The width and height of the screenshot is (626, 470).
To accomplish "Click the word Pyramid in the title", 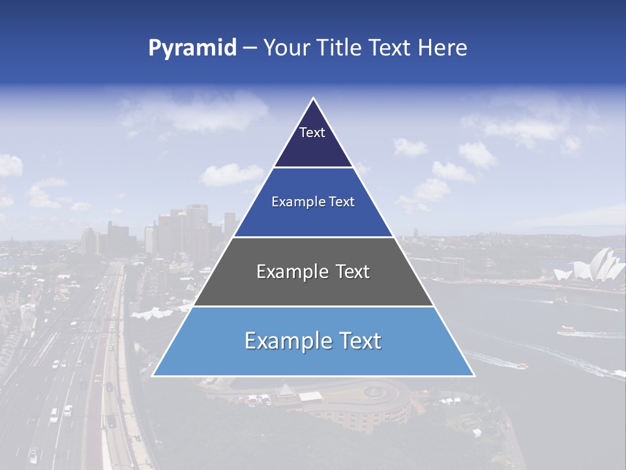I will [x=192, y=48].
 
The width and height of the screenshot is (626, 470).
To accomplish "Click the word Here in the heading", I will [x=443, y=48].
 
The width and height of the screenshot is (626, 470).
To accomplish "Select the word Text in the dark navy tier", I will [x=312, y=133].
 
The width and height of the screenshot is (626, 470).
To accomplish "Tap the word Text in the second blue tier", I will [x=340, y=202].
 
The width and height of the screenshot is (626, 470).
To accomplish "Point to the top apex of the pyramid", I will [x=314, y=99].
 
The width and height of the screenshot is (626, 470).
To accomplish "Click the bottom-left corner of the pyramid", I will [x=153, y=375].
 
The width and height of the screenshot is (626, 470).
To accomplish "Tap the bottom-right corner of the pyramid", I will [x=473, y=375].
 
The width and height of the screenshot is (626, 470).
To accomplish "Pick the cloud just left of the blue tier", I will [x=228, y=174].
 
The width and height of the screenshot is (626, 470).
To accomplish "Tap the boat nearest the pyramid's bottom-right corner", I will [x=521, y=366].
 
